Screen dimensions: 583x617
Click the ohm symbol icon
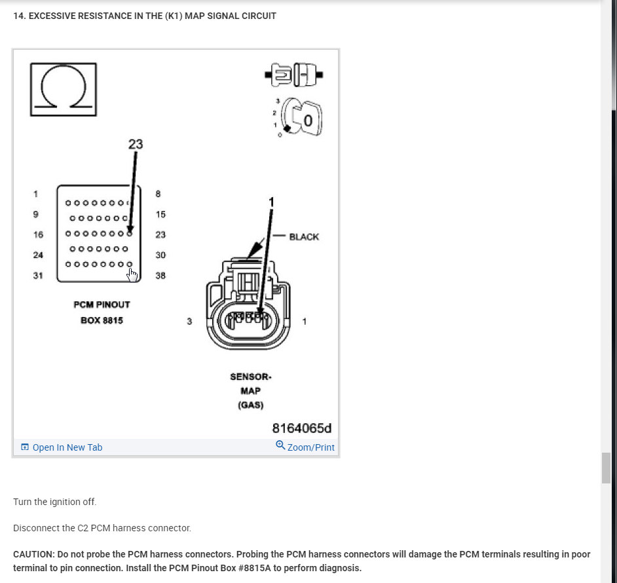click(63, 89)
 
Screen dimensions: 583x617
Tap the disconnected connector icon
click(294, 75)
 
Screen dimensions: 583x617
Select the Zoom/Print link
click(305, 447)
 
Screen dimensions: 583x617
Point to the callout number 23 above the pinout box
click(136, 144)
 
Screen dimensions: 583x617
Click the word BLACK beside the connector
click(304, 236)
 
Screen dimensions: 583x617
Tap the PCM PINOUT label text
click(102, 305)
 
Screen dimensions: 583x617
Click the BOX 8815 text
click(102, 320)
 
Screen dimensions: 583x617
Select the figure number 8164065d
click(302, 428)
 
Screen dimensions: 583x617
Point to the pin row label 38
click(160, 276)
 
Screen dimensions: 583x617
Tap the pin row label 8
click(158, 194)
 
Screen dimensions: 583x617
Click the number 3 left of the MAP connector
click(189, 322)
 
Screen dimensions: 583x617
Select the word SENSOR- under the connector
click(250, 377)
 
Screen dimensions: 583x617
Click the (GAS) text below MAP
click(250, 405)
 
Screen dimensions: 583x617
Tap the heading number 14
click(19, 16)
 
